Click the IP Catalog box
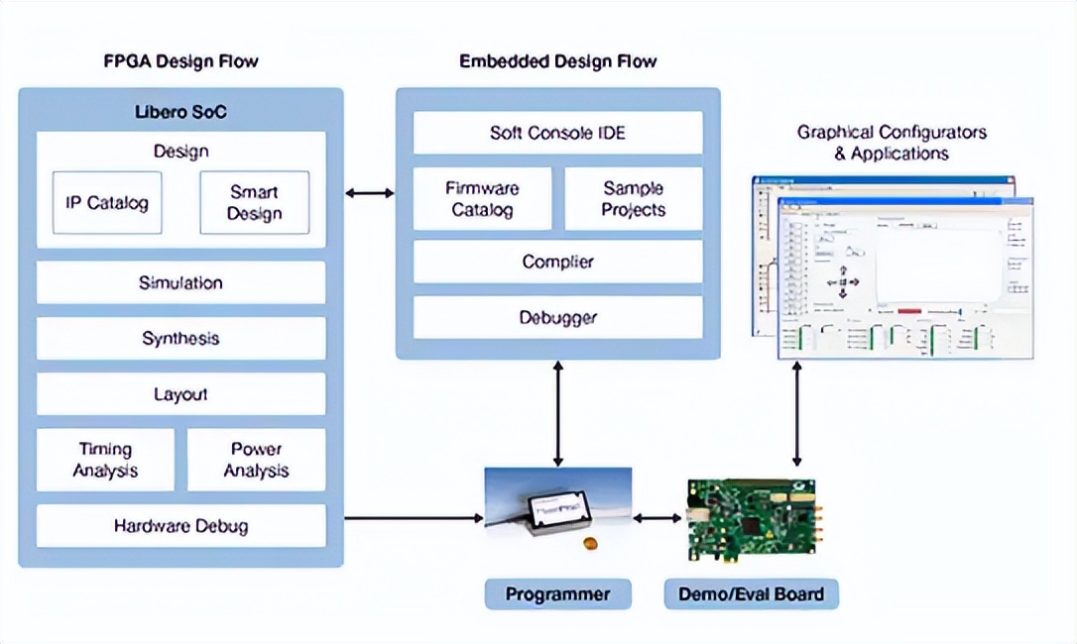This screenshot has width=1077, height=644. (107, 203)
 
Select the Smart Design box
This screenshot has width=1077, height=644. (254, 203)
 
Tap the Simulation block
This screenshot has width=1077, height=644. (180, 282)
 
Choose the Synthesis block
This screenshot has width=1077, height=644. (180, 338)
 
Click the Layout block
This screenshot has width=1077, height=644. (180, 394)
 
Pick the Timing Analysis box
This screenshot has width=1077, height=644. (105, 460)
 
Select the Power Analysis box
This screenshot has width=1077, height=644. (256, 460)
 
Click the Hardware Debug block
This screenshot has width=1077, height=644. (180, 526)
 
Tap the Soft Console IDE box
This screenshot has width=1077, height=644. (557, 133)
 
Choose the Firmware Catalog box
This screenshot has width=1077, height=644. (482, 198)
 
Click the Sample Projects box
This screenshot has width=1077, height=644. (633, 198)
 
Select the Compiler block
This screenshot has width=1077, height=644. (557, 262)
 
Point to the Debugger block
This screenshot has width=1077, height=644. (557, 317)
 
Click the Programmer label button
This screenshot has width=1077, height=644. (557, 594)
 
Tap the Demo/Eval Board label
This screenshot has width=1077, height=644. (751, 594)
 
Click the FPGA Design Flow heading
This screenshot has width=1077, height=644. (180, 61)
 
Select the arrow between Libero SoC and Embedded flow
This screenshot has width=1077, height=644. (370, 193)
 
